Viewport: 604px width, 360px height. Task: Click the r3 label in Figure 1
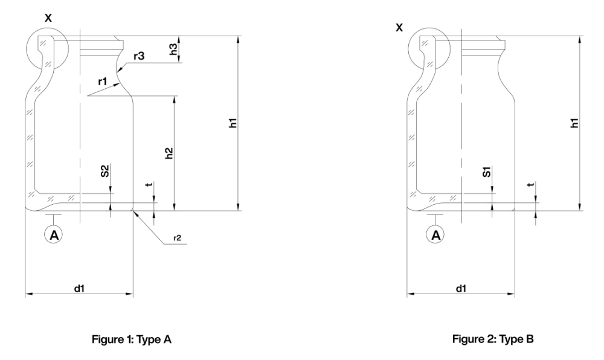140,56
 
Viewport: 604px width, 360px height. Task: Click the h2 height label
170,152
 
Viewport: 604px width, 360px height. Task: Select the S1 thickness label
487,175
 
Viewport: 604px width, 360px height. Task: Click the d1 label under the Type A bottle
79,289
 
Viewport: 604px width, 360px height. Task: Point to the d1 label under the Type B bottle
461,289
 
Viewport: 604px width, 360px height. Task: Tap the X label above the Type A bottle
48,19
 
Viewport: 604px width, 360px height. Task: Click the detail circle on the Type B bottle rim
429,49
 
